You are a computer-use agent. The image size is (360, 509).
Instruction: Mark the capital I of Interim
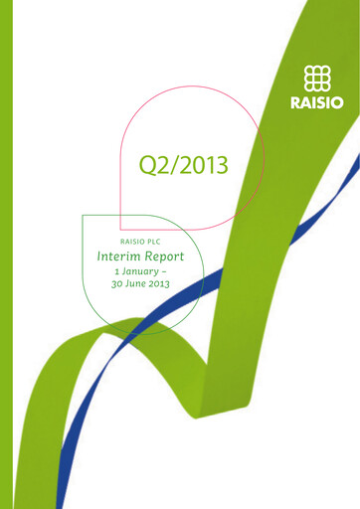(99, 256)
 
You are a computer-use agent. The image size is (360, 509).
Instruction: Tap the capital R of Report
(152, 256)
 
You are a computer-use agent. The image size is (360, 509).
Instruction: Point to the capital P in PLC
(158, 241)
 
